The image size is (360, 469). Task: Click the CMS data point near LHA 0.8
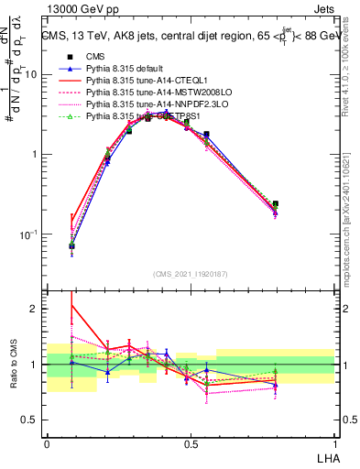click(276, 204)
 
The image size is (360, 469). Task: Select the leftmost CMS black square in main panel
click(71, 245)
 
